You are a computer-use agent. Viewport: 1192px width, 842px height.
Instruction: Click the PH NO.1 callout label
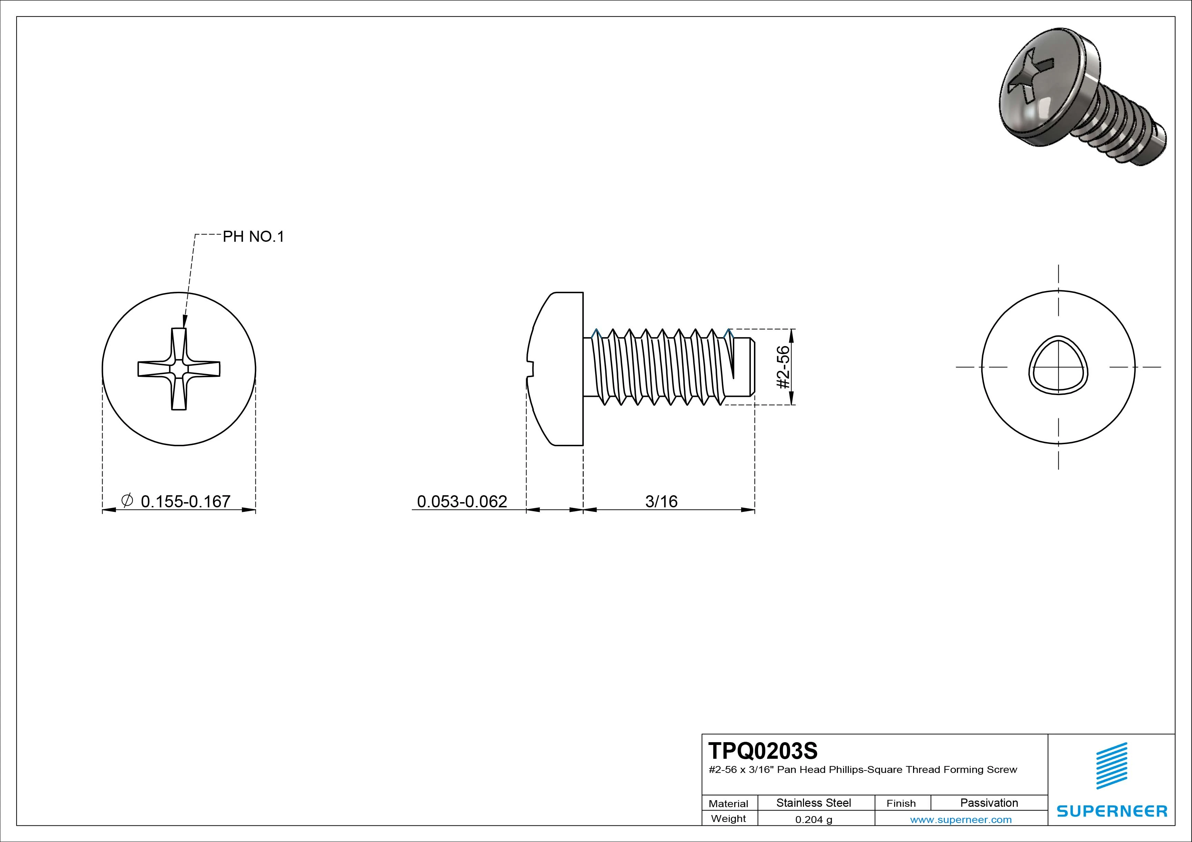pyautogui.click(x=253, y=237)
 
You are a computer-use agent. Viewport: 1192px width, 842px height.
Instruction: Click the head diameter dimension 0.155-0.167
pyautogui.click(x=185, y=501)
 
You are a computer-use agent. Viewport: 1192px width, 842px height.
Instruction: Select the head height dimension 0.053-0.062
pyautogui.click(x=462, y=501)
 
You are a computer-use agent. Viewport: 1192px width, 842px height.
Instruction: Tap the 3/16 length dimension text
pyautogui.click(x=661, y=501)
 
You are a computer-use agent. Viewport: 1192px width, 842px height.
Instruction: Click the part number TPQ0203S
pyautogui.click(x=763, y=751)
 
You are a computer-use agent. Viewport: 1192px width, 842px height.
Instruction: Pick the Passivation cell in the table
pyautogui.click(x=988, y=803)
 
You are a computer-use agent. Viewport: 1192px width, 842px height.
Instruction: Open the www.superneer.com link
pyautogui.click(x=960, y=820)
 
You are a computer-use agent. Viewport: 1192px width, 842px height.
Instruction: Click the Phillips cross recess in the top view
pyautogui.click(x=178, y=369)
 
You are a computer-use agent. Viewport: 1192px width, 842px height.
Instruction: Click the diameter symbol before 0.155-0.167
pyautogui.click(x=127, y=500)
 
